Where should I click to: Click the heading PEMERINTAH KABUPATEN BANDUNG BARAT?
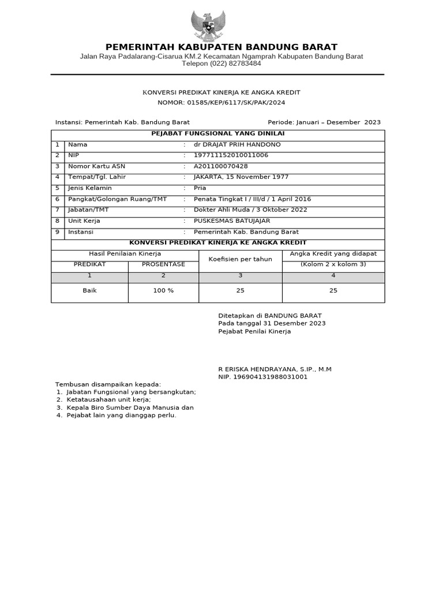(221, 47)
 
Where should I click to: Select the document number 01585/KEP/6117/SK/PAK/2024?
(236, 103)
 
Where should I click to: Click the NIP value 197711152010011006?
(231, 155)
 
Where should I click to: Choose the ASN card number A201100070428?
(221, 166)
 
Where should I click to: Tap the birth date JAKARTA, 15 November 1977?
(241, 177)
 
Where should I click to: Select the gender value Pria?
(200, 188)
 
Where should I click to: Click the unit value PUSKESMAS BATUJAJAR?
(232, 221)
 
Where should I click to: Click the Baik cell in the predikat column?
(89, 291)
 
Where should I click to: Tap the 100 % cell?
(163, 291)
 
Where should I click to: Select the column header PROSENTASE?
(163, 264)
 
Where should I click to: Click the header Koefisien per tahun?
(241, 260)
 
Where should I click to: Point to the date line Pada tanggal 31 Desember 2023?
(272, 324)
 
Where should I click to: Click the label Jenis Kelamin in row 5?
(90, 188)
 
